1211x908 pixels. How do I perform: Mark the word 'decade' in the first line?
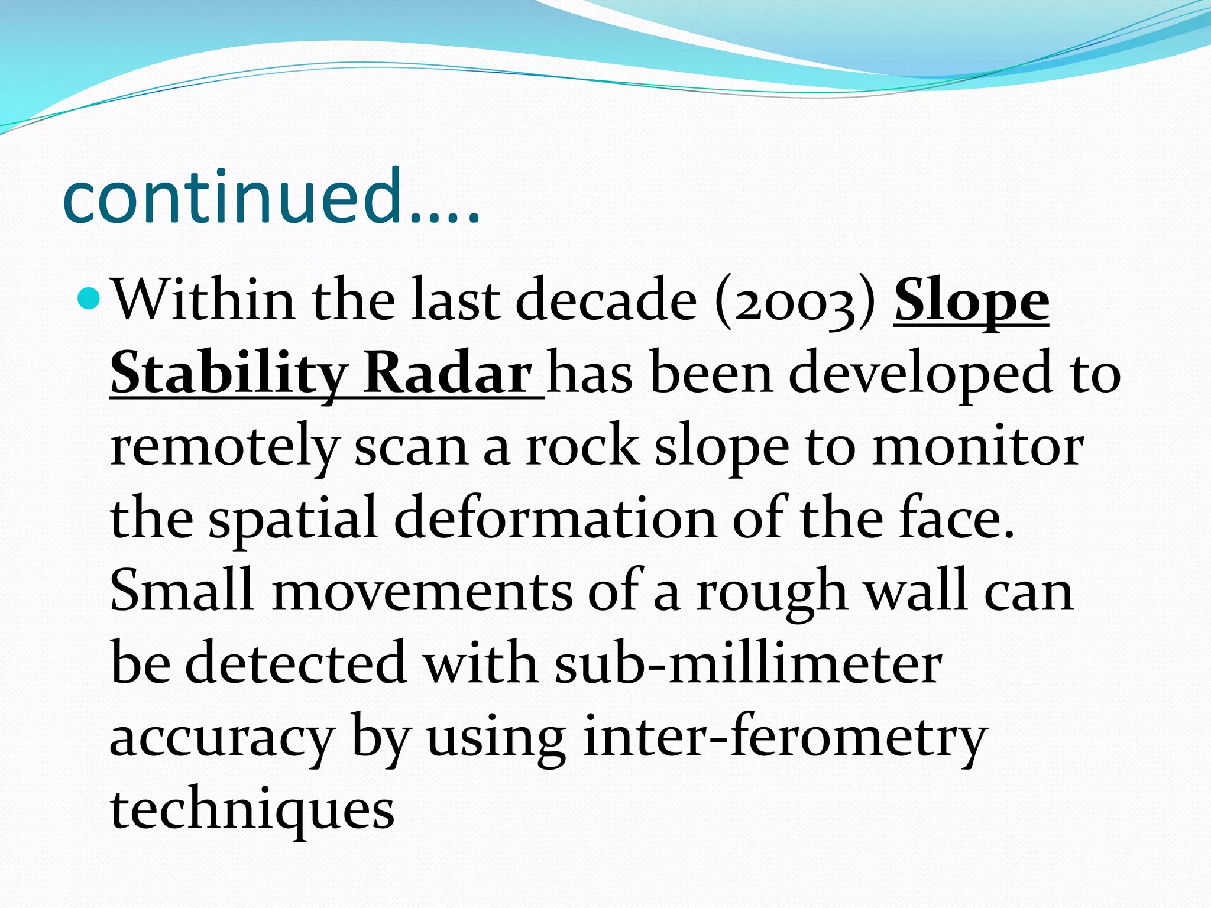606,301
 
